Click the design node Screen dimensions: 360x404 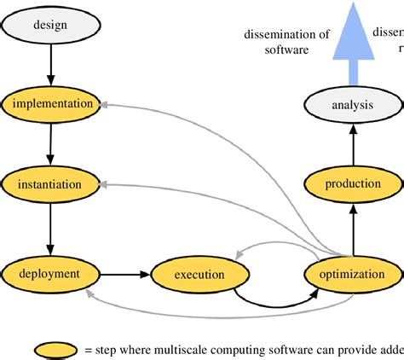pyautogui.click(x=49, y=25)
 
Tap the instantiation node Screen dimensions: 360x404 pyautogui.click(x=50, y=183)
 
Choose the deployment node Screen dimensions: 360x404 pyautogui.click(x=50, y=274)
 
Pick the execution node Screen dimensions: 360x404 pyautogui.click(x=199, y=275)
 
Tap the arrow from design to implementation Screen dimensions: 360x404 pyautogui.click(x=49, y=64)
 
